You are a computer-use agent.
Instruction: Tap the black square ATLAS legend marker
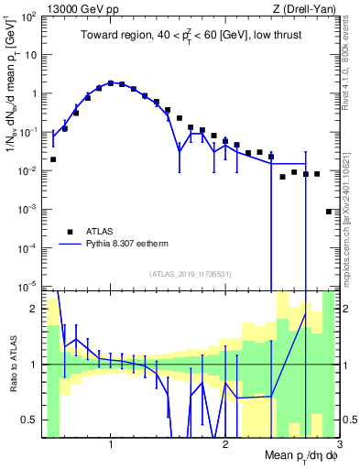(x=68, y=232)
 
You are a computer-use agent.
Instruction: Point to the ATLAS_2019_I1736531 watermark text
(x=191, y=273)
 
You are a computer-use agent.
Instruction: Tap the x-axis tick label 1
(x=111, y=445)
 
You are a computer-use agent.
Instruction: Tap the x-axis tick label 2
(x=225, y=445)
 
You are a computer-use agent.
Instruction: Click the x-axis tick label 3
(x=338, y=445)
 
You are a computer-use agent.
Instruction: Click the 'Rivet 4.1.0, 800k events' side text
(x=346, y=55)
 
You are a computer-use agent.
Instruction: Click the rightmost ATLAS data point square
(x=329, y=212)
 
